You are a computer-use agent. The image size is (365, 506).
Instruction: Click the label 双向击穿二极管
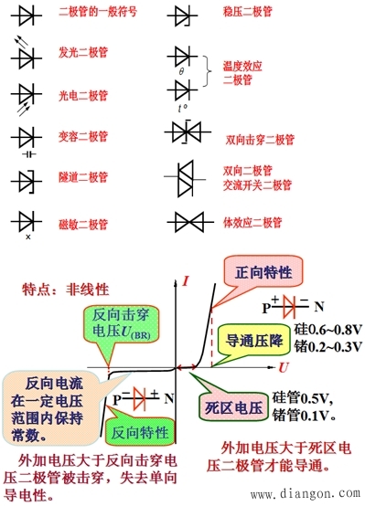(261, 142)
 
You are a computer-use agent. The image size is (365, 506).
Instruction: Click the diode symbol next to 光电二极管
(24, 95)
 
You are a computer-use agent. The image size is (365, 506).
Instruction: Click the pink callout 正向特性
(259, 272)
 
